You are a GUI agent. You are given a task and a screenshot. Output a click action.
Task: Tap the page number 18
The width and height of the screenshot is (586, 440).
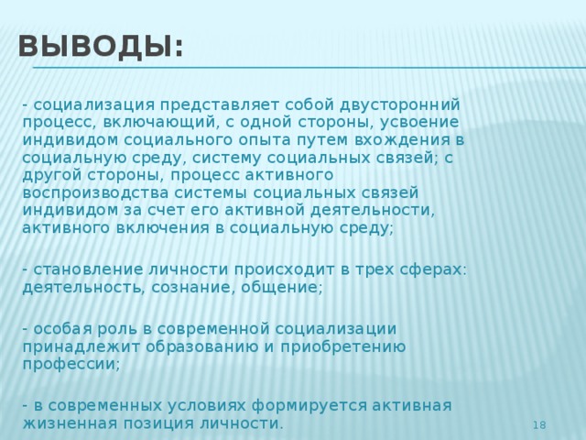click(x=539, y=424)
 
